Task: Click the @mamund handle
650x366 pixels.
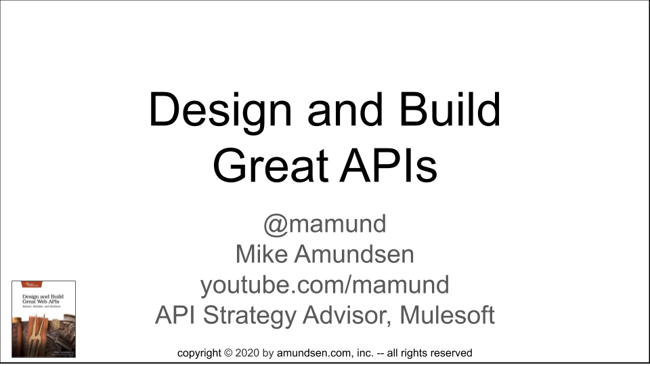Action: (x=324, y=224)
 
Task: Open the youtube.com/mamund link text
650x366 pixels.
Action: (x=324, y=285)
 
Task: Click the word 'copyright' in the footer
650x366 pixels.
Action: (x=199, y=353)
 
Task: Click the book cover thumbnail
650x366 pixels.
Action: (x=43, y=319)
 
